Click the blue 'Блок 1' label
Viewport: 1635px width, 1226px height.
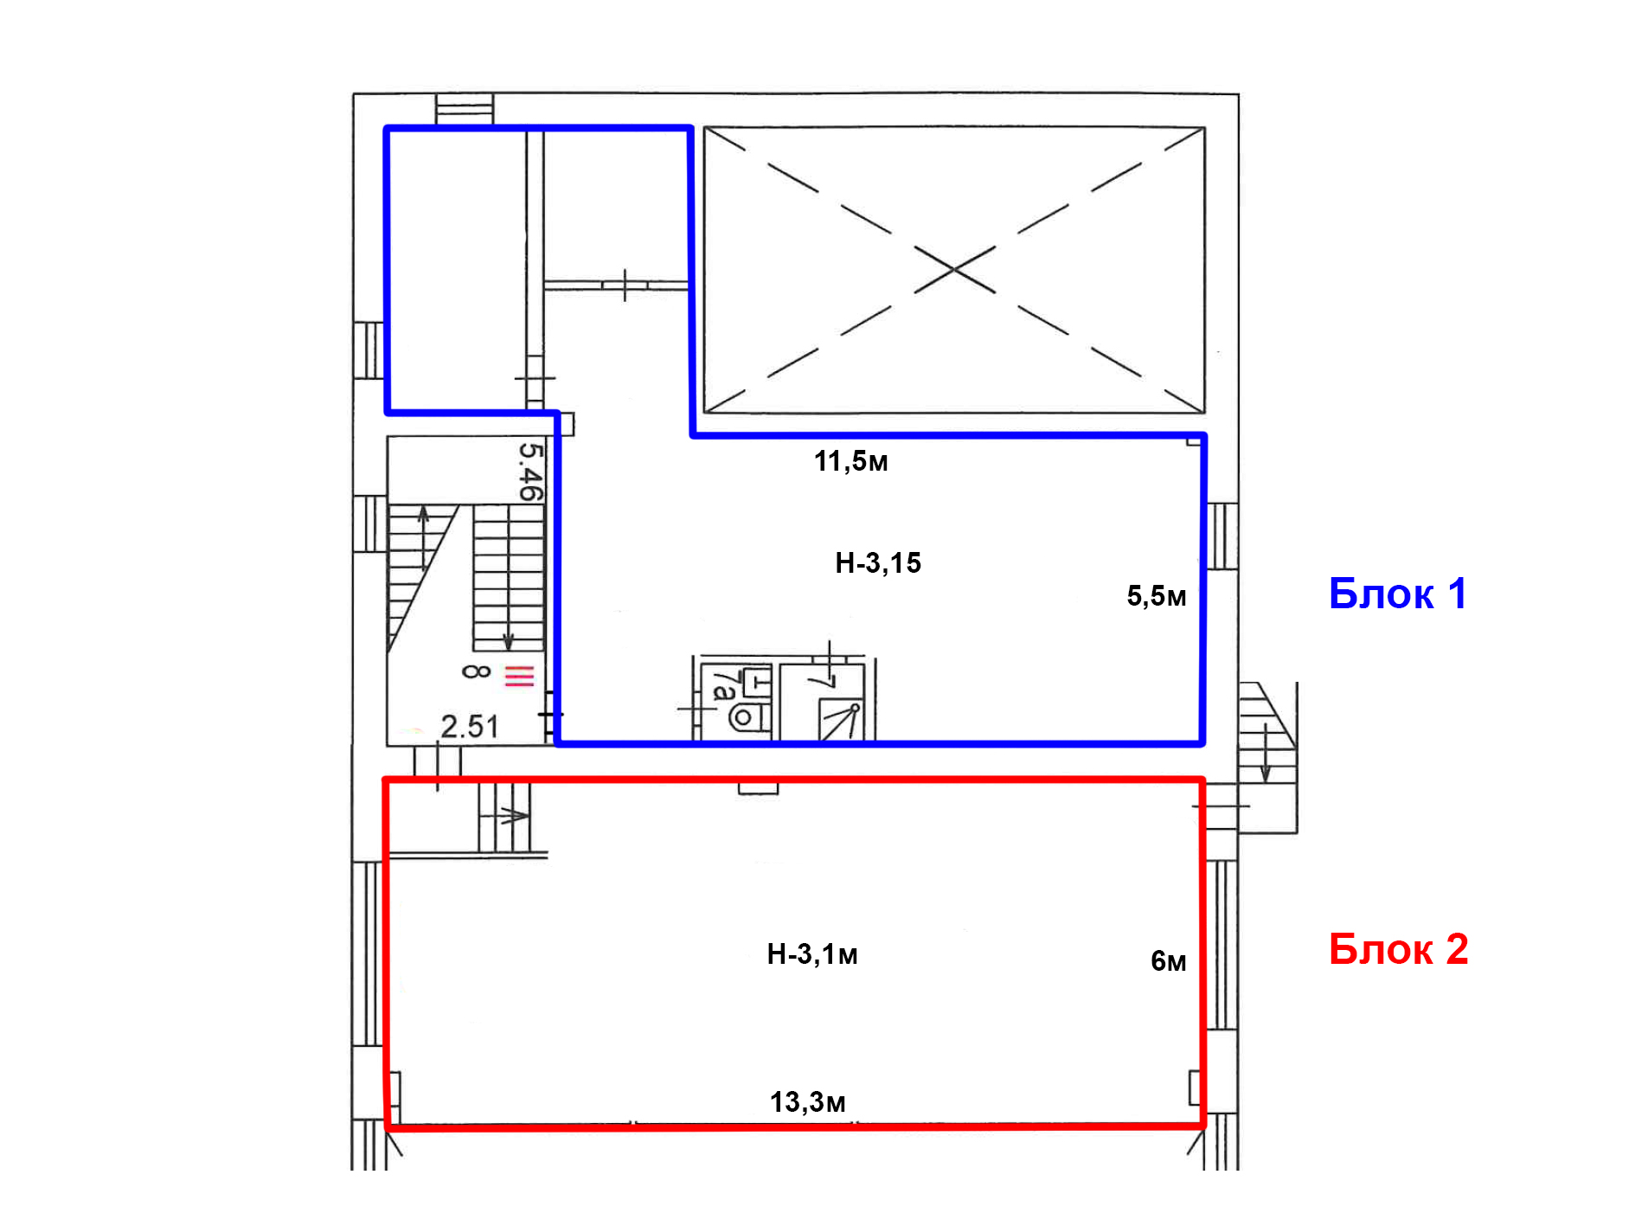click(1397, 594)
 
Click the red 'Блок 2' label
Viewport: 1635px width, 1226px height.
click(1398, 949)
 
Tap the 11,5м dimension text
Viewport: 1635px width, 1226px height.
click(851, 461)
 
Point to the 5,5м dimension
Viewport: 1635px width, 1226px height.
click(1157, 595)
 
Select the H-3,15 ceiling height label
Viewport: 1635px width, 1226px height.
click(878, 563)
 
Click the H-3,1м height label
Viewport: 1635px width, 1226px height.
click(812, 954)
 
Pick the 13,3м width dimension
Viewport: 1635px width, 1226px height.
click(808, 1102)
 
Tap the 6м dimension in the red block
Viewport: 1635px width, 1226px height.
click(1169, 960)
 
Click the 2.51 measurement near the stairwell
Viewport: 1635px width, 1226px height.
click(470, 727)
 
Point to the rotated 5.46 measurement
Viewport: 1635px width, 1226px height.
click(531, 472)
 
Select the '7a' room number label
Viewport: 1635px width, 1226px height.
click(725, 685)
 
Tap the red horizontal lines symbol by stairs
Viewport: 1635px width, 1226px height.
click(519, 675)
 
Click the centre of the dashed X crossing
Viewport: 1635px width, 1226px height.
click(954, 270)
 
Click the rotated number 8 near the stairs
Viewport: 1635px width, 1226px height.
click(476, 671)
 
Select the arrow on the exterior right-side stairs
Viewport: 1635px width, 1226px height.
click(1266, 753)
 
